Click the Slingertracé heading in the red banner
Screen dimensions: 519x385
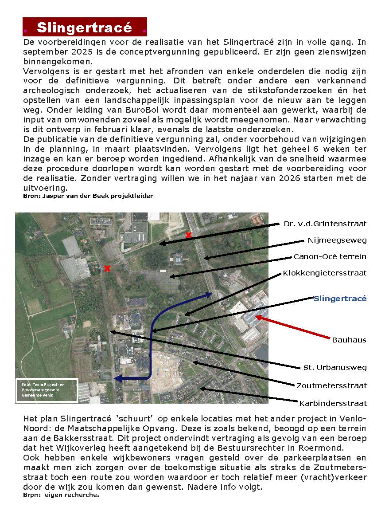pyautogui.click(x=85, y=28)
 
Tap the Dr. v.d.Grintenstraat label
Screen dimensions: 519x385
pyautogui.click(x=325, y=224)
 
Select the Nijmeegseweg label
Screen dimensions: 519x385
pyautogui.click(x=337, y=240)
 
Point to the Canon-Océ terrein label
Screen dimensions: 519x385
pyautogui.click(x=330, y=257)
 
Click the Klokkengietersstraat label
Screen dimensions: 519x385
pyautogui.click(x=325, y=273)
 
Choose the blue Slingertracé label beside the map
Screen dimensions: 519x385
pyautogui.click(x=340, y=299)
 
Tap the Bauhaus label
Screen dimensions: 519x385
pyautogui.click(x=349, y=340)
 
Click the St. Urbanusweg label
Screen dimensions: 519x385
pyautogui.click(x=335, y=368)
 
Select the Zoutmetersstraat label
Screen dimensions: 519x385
pyautogui.click(x=332, y=386)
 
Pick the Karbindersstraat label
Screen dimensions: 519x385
pyautogui.click(x=333, y=404)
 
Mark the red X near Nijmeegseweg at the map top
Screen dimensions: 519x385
pyautogui.click(x=189, y=235)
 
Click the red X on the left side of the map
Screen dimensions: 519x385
pyautogui.click(x=107, y=268)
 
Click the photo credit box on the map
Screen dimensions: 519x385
pyautogui.click(x=47, y=390)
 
